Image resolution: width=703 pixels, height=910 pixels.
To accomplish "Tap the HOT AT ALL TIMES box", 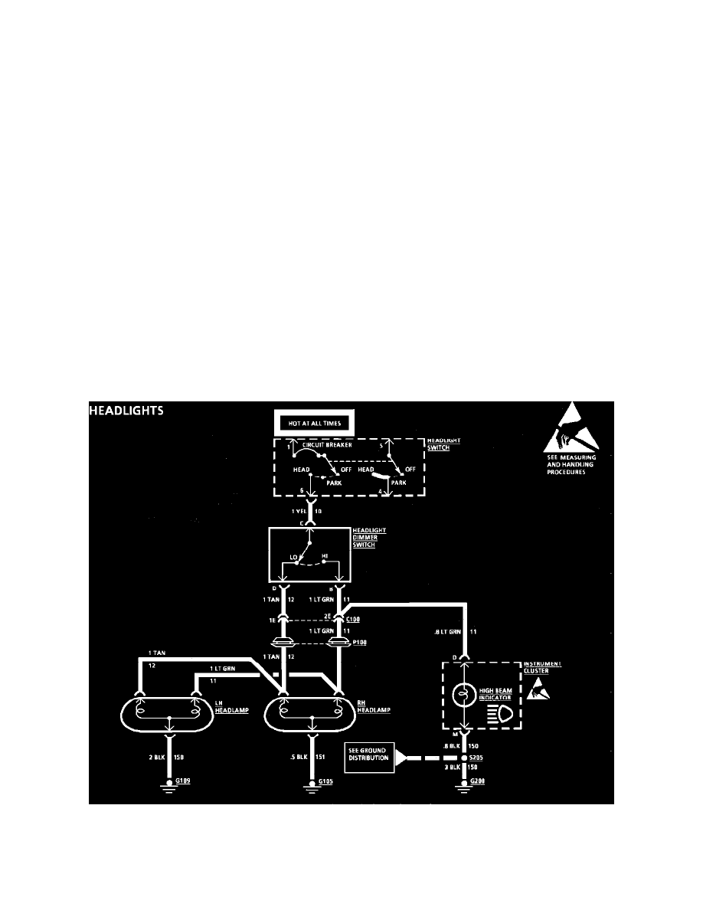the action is (x=313, y=422).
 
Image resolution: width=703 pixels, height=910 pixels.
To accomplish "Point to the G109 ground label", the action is (x=184, y=781).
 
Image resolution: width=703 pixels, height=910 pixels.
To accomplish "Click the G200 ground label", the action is (x=478, y=781).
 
